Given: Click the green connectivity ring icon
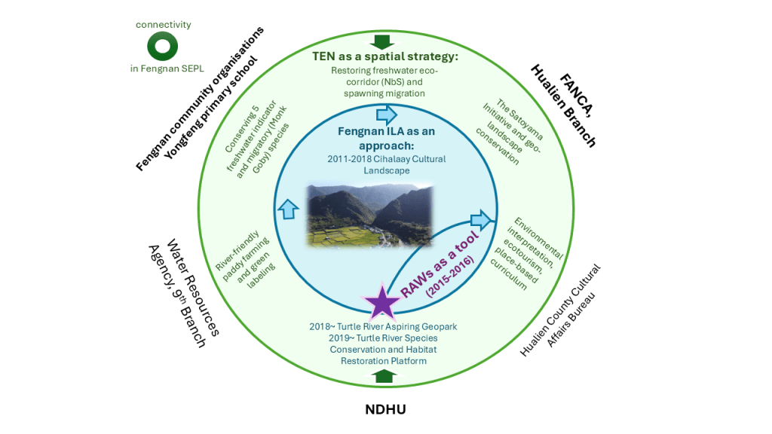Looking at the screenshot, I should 162,47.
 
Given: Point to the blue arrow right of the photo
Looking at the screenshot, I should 480,221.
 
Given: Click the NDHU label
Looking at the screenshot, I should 385,408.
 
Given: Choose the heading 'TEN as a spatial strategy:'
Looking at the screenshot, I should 385,57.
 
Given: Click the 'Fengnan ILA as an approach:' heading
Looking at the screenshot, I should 385,138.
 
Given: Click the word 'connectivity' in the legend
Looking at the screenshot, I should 163,25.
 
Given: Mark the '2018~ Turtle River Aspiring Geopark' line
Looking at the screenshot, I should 383,327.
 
